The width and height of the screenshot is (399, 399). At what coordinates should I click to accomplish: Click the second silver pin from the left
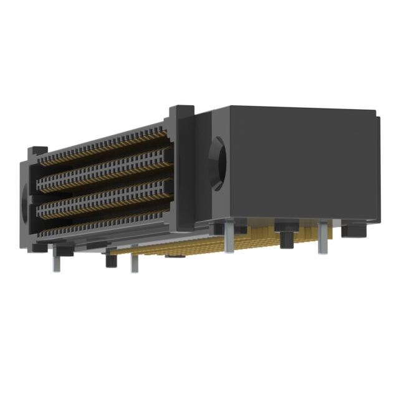133,262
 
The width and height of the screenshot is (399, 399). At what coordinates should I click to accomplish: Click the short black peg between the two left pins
111,258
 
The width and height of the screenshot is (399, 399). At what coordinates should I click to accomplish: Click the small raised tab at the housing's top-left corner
37,150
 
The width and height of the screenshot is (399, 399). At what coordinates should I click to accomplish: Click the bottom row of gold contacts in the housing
103,224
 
